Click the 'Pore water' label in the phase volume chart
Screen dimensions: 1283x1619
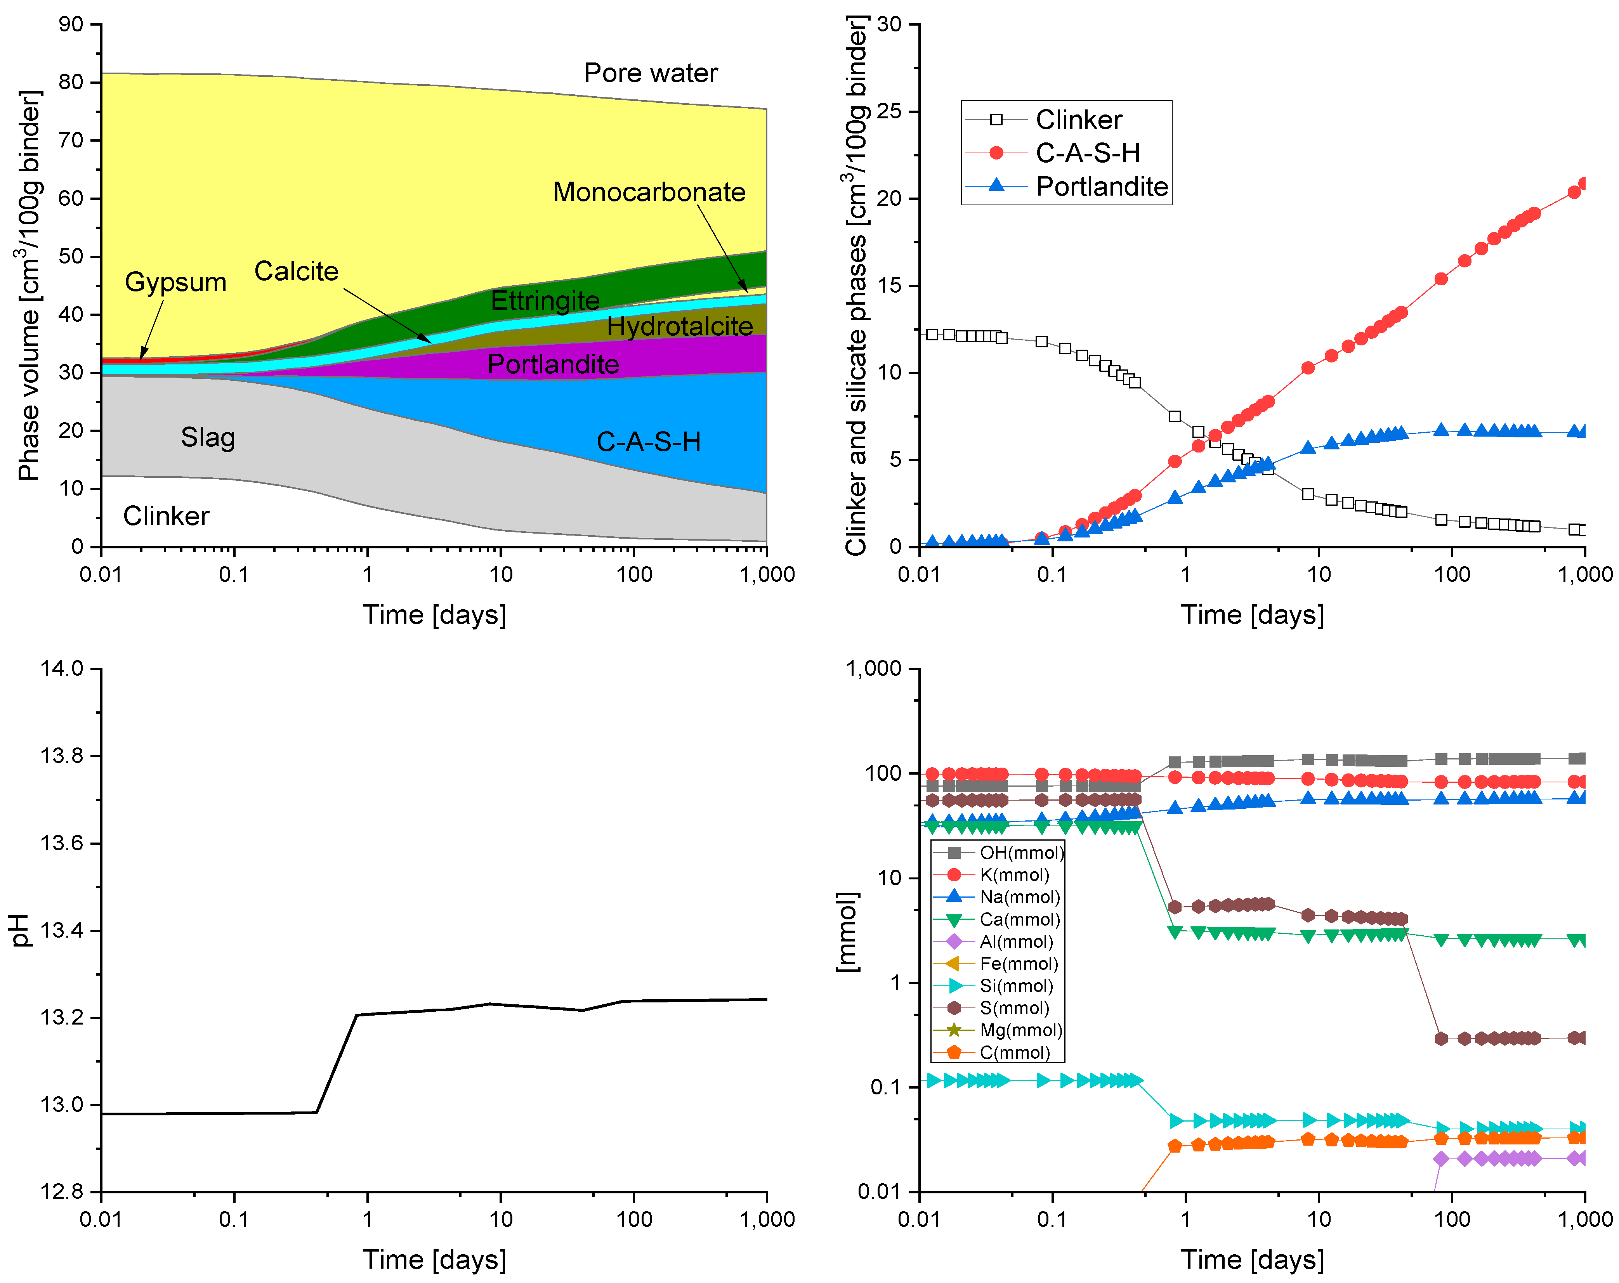pyautogui.click(x=650, y=73)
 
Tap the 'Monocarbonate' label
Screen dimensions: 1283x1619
pyautogui.click(x=649, y=192)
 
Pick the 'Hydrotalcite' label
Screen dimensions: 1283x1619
pyautogui.click(x=680, y=326)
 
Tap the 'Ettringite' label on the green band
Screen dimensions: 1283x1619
pyautogui.click(x=545, y=300)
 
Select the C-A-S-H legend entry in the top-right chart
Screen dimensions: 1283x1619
pyautogui.click(x=1087, y=153)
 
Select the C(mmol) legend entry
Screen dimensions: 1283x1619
pyautogui.click(x=1015, y=1052)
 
